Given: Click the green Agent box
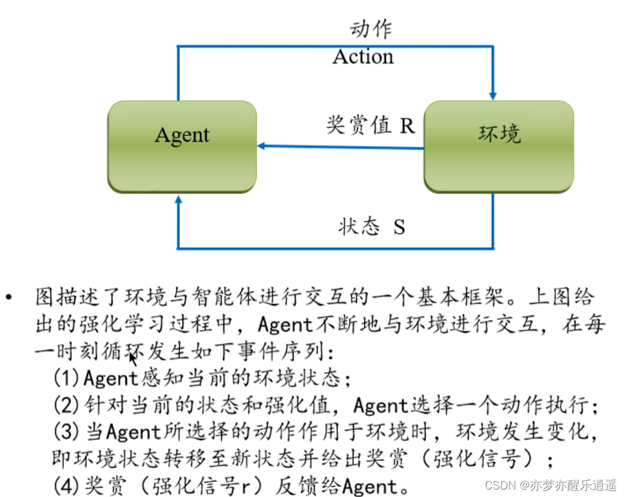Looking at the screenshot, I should [x=182, y=147].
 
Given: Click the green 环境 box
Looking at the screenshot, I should [x=499, y=147].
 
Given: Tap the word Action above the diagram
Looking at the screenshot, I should [x=363, y=57].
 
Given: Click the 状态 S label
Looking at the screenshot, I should [x=372, y=226].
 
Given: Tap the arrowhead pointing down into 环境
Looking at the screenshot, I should [x=493, y=96].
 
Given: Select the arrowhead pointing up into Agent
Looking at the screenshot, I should [x=179, y=199].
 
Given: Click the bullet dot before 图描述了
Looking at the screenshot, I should [x=8, y=298].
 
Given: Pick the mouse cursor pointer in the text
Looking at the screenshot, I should [x=132, y=358].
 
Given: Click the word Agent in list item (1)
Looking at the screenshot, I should [x=110, y=378].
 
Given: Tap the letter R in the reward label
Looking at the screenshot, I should [x=407, y=125].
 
